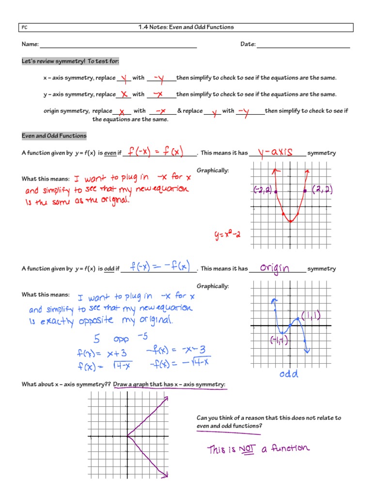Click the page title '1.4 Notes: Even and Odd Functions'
[x=186, y=27]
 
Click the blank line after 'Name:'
[x=118, y=47]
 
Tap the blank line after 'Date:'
[x=303, y=47]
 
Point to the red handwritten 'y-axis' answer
[x=276, y=152]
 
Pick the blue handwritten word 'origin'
[x=275, y=268]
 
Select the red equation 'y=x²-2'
[x=228, y=236]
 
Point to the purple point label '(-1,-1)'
[x=279, y=341]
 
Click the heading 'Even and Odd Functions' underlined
[x=54, y=136]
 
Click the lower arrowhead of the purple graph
[x=165, y=476]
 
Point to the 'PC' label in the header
[x=25, y=28]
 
